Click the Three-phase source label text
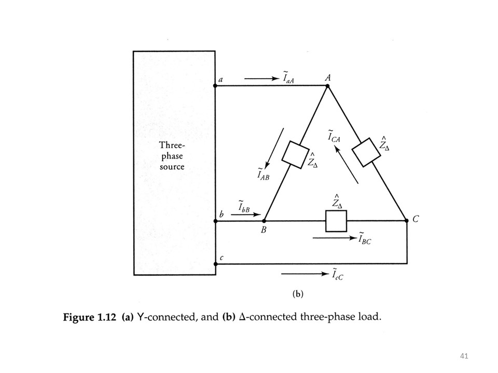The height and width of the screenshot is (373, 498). tap(172, 156)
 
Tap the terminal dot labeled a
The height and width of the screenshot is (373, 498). tap(215, 85)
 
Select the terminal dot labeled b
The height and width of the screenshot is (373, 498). tap(215, 221)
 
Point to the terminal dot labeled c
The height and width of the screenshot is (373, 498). tap(215, 264)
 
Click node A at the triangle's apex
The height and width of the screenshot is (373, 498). tap(327, 86)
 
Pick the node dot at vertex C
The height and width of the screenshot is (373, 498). tap(406, 221)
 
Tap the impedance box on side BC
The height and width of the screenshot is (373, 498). tap(335, 221)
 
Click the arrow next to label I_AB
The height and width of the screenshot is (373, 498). tap(274, 148)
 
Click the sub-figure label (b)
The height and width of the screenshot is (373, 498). tap(298, 294)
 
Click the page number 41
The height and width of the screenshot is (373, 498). tap(464, 355)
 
